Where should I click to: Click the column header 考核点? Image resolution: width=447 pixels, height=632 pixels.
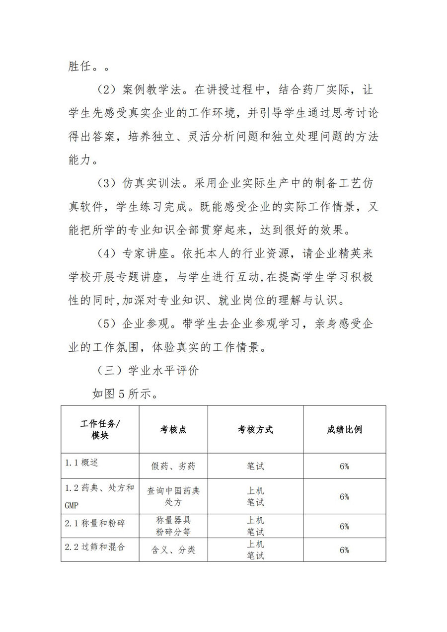pyautogui.click(x=173, y=430)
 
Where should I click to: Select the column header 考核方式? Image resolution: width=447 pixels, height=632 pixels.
pyautogui.click(x=255, y=430)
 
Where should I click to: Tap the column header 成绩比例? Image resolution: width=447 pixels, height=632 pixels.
pyautogui.click(x=344, y=430)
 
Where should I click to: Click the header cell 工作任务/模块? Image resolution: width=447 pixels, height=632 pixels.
pyautogui.click(x=100, y=430)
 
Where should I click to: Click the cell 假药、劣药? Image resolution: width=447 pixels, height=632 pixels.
pyautogui.click(x=173, y=467)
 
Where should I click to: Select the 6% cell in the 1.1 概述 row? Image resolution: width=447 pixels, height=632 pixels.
pyautogui.click(x=344, y=467)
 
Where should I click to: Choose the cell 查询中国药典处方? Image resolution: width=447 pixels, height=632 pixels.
pyautogui.click(x=173, y=496)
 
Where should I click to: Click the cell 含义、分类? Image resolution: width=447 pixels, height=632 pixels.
pyautogui.click(x=173, y=550)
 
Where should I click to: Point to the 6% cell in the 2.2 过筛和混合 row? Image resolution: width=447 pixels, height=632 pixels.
pyautogui.click(x=344, y=550)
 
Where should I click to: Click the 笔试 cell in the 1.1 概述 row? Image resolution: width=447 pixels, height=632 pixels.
pyautogui.click(x=255, y=467)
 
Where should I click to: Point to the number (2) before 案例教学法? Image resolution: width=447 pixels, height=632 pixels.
pyautogui.click(x=105, y=90)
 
